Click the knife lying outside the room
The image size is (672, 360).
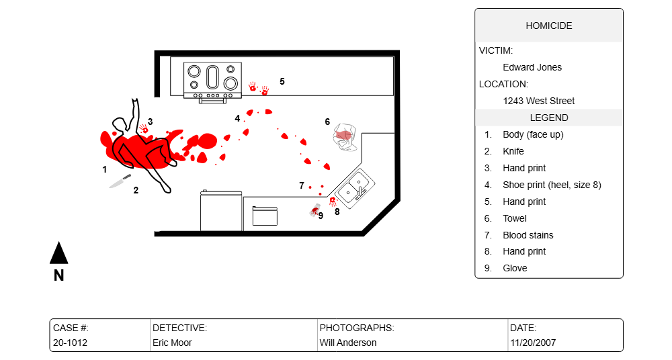pyautogui.click(x=120, y=181)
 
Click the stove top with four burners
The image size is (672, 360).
pyautogui.click(x=213, y=77)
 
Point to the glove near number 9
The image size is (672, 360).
pyautogui.click(x=314, y=211)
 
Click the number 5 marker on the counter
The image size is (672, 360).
pyautogui.click(x=282, y=81)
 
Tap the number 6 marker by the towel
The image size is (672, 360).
pyautogui.click(x=327, y=122)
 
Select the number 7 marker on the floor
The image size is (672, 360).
pyautogui.click(x=302, y=185)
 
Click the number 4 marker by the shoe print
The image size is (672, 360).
pyautogui.click(x=237, y=118)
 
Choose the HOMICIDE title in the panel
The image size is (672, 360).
pyautogui.click(x=549, y=26)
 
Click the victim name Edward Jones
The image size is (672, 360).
pyautogui.click(x=532, y=67)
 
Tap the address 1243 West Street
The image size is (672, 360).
pyautogui.click(x=539, y=101)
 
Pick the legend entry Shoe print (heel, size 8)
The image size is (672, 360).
pyautogui.click(x=552, y=185)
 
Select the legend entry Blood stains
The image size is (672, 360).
pyautogui.click(x=528, y=235)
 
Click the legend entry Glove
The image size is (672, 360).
pyautogui.click(x=515, y=268)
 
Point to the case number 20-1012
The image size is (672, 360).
pyautogui.click(x=70, y=343)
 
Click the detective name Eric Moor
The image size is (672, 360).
pyautogui.click(x=172, y=343)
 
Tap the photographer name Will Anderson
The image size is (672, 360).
pyautogui.click(x=347, y=343)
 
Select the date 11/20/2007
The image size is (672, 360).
pyautogui.click(x=533, y=343)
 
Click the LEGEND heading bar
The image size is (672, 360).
pyautogui.click(x=549, y=118)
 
